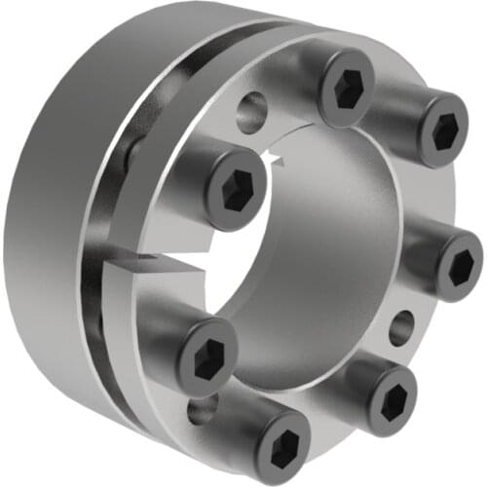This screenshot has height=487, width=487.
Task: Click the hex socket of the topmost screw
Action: point(348,91)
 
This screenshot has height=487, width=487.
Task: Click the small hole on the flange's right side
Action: point(400,327)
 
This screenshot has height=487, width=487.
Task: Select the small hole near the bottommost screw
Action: point(202,409)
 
